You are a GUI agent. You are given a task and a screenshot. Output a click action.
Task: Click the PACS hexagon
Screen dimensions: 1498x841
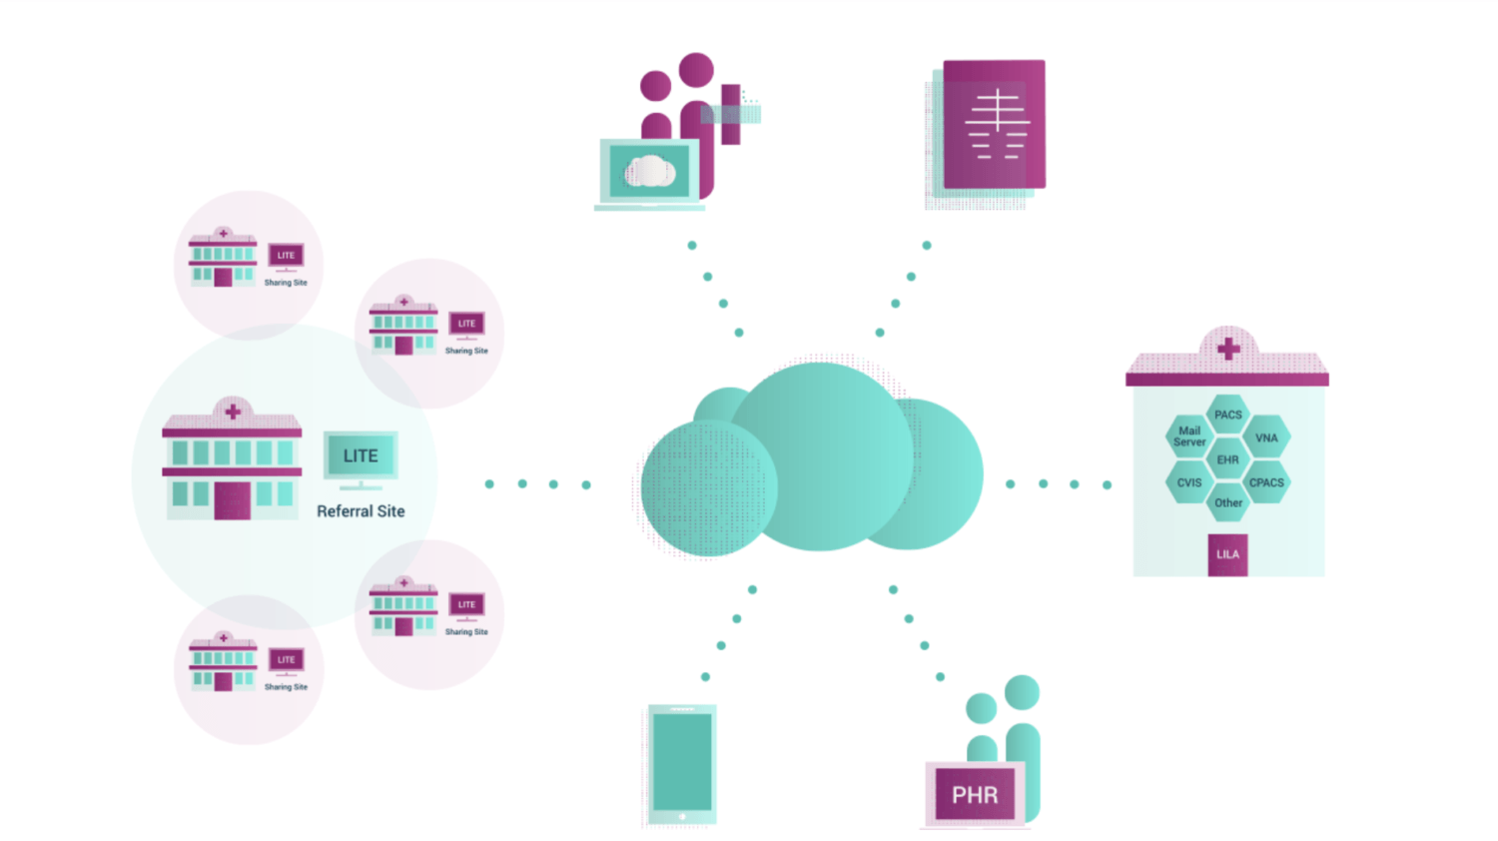point(1227,415)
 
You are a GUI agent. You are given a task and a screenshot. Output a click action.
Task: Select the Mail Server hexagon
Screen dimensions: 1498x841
point(1189,436)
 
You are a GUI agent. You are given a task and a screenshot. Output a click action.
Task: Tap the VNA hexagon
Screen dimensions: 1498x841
point(1266,437)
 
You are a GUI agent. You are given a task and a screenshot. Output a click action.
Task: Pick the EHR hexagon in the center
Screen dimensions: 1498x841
point(1227,459)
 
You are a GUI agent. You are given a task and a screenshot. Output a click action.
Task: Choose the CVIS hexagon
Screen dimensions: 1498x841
point(1189,481)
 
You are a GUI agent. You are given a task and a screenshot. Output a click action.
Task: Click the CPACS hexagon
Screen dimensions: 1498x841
point(1266,481)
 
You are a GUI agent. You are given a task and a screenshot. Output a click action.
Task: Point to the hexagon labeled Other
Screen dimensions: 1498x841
point(1227,502)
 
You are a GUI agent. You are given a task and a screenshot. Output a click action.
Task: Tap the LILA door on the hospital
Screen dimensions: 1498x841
point(1227,554)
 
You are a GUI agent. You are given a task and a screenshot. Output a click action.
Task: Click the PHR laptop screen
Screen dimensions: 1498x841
point(975,794)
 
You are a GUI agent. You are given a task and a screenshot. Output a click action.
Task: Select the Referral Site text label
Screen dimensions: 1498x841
point(361,511)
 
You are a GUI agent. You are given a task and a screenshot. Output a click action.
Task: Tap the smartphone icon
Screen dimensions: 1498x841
point(682,764)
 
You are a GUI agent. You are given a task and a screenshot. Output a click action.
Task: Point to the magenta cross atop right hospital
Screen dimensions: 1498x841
point(1227,349)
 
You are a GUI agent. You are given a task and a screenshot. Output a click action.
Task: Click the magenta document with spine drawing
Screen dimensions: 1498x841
point(995,124)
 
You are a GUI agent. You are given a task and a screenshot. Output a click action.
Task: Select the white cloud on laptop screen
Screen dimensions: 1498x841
point(649,171)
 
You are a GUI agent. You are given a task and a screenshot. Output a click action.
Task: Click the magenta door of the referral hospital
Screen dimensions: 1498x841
point(232,499)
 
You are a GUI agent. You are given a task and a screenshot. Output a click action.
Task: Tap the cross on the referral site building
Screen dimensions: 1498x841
point(232,412)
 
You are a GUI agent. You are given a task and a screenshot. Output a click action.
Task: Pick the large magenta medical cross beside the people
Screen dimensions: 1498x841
point(730,115)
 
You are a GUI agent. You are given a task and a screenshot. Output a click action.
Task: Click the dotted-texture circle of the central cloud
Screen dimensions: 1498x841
point(709,488)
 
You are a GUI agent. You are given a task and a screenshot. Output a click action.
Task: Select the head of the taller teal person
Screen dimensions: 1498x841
point(1022,692)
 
